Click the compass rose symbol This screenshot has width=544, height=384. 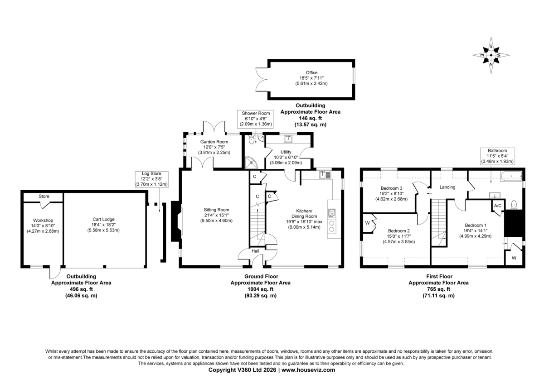point(491,55)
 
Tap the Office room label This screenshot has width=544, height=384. point(311,72)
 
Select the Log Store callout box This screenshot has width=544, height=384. point(151,179)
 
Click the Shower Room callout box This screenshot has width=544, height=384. point(256,119)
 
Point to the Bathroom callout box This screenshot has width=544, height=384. point(497,156)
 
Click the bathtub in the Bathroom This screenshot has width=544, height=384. point(511,176)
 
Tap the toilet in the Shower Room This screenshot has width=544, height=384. point(252,139)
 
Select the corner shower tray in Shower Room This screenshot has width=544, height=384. point(250,163)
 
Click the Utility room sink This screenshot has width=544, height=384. point(288,139)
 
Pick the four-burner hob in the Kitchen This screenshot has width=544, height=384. point(331,213)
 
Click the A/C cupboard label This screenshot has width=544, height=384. point(498,206)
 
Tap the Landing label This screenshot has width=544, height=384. point(447,187)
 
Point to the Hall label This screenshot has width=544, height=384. point(255,251)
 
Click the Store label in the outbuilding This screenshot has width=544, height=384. point(44,196)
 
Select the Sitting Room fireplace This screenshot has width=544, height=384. point(177,221)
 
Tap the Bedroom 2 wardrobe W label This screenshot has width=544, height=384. point(367,223)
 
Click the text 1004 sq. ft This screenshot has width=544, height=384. point(260,289)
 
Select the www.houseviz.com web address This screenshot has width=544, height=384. point(308,370)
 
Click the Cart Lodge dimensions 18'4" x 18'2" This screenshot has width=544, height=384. point(103,225)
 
